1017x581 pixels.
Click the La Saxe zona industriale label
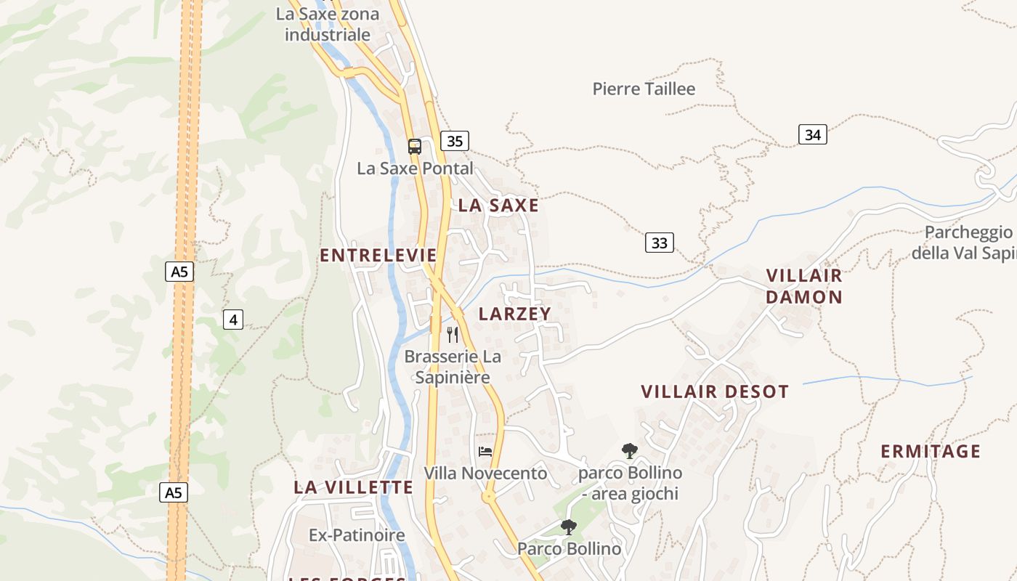[328, 24]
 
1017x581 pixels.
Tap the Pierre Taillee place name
[644, 89]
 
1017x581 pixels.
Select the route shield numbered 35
[454, 141]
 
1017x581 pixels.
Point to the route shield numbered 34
[812, 134]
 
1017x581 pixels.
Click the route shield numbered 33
[659, 243]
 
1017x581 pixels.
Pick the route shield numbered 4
[232, 319]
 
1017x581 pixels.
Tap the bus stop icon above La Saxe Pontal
[414, 147]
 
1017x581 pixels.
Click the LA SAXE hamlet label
[498, 206]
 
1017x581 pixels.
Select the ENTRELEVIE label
[378, 256]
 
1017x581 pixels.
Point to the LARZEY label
[515, 314]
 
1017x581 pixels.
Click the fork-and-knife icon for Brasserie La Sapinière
[453, 334]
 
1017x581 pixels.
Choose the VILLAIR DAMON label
[804, 286]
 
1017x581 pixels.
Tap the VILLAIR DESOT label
[715, 392]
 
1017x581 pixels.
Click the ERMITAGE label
[931, 452]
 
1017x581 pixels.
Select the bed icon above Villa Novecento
[485, 451]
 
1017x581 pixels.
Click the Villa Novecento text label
[485, 474]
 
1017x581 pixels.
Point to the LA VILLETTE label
[353, 487]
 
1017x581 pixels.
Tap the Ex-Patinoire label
[357, 535]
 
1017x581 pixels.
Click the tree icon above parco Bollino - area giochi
[630, 451]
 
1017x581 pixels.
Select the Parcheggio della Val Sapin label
[966, 243]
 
